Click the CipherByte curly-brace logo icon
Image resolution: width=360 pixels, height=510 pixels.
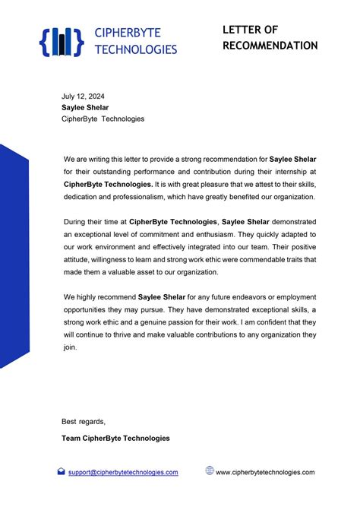(x=60, y=42)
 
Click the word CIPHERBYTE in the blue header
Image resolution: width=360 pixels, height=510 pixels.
(x=128, y=33)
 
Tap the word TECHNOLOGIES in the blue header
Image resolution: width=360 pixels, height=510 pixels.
(x=135, y=49)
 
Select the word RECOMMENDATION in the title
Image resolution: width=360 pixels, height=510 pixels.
(x=270, y=46)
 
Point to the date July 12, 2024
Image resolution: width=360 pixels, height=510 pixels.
(x=83, y=97)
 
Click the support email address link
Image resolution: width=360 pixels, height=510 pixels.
(x=123, y=472)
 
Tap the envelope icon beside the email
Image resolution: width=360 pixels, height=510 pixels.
(x=62, y=472)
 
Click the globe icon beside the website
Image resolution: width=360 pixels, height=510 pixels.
(x=210, y=471)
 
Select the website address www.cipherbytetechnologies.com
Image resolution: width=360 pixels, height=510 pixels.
(x=265, y=472)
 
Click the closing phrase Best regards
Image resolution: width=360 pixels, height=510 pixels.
(x=84, y=422)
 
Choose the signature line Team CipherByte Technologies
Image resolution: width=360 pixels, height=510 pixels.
(x=115, y=438)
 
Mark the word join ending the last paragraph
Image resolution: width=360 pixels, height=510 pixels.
(x=71, y=347)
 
